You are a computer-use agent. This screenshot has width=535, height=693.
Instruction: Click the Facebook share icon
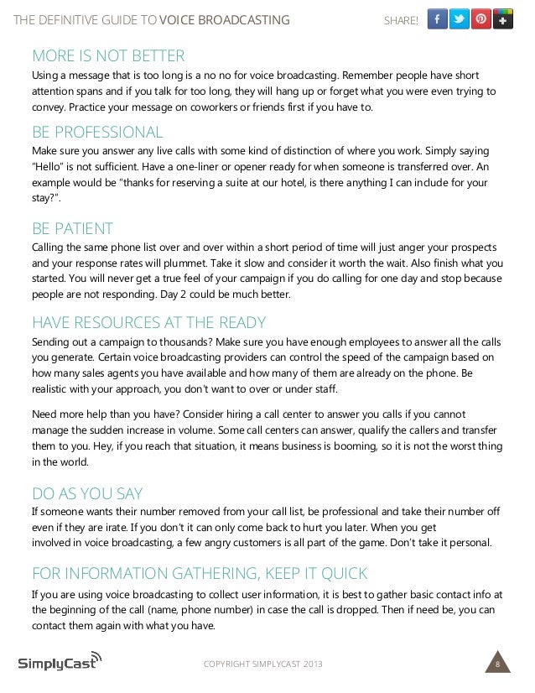coord(437,19)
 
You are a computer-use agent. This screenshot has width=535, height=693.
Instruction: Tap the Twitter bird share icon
coord(459,19)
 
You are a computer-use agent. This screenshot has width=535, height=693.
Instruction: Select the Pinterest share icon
coord(481,19)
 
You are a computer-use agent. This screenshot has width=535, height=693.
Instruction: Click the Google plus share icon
coord(503,19)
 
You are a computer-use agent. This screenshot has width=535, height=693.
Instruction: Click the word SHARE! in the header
coord(400,20)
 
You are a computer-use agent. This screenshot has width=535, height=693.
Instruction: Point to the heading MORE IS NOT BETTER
coord(107,57)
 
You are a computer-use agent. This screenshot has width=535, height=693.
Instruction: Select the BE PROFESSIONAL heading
coord(97,132)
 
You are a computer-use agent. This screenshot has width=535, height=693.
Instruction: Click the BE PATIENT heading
coord(72,228)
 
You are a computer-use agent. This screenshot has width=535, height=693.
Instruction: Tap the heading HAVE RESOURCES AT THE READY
coord(148,323)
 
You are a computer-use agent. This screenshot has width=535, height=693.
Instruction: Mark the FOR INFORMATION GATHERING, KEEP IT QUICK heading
coord(199,573)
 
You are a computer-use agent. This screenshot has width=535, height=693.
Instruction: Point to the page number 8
coord(498,665)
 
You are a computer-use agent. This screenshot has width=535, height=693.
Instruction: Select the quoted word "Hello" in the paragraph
coord(49,168)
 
